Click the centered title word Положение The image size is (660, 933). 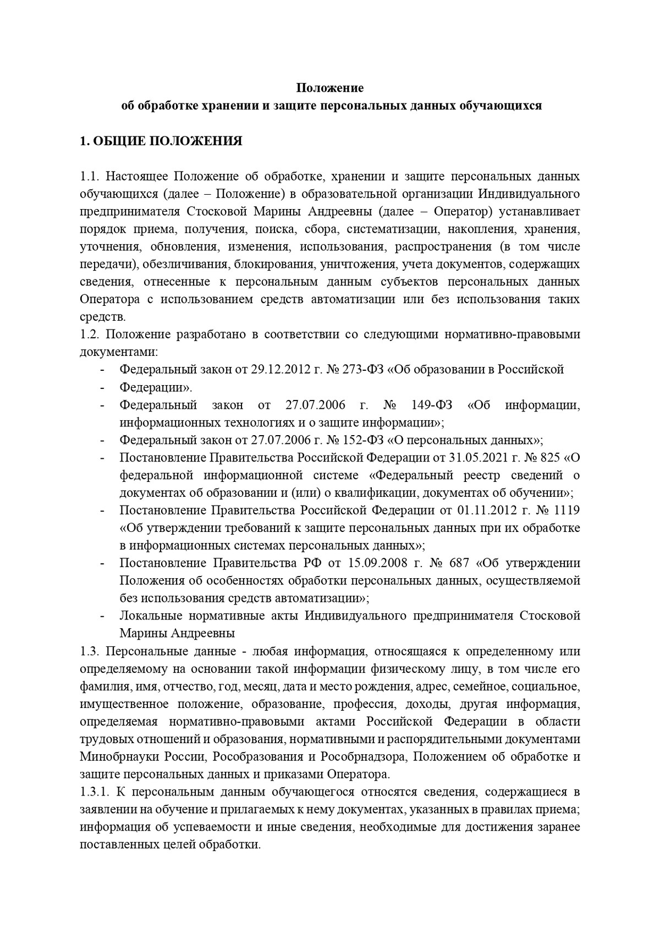[330, 88]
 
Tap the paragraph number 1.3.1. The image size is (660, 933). [96, 792]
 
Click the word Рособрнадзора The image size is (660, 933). [364, 756]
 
